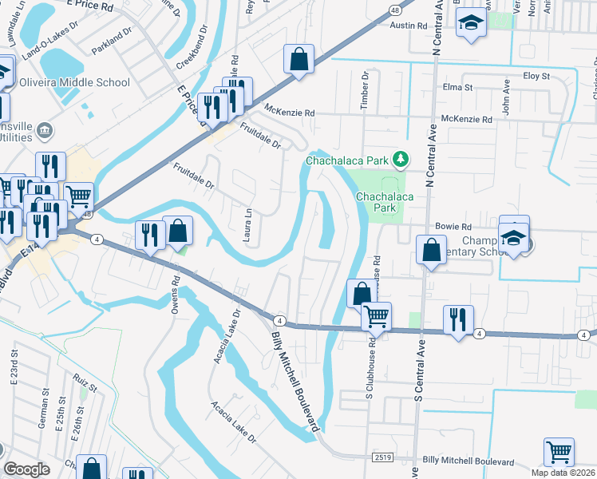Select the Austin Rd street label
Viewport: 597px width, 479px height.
coord(409,26)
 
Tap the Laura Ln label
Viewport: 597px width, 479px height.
coord(248,226)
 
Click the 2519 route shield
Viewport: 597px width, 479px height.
coord(383,456)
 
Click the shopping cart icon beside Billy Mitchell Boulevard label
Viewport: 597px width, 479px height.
coord(559,452)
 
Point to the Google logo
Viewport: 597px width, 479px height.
coord(26,469)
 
